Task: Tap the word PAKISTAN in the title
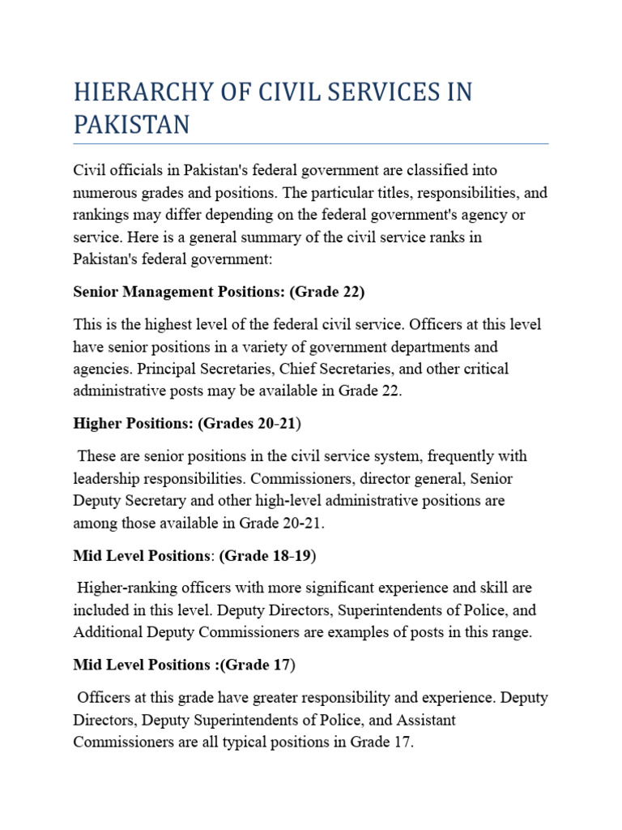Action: point(131,125)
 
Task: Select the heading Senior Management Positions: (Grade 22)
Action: point(219,291)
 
